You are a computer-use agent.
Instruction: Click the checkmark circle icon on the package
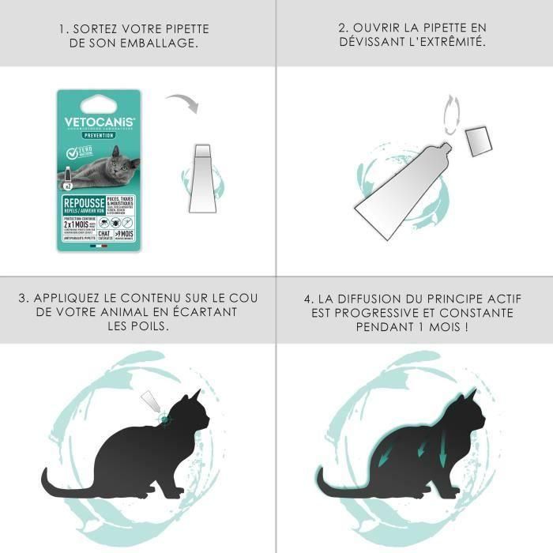(71, 152)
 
